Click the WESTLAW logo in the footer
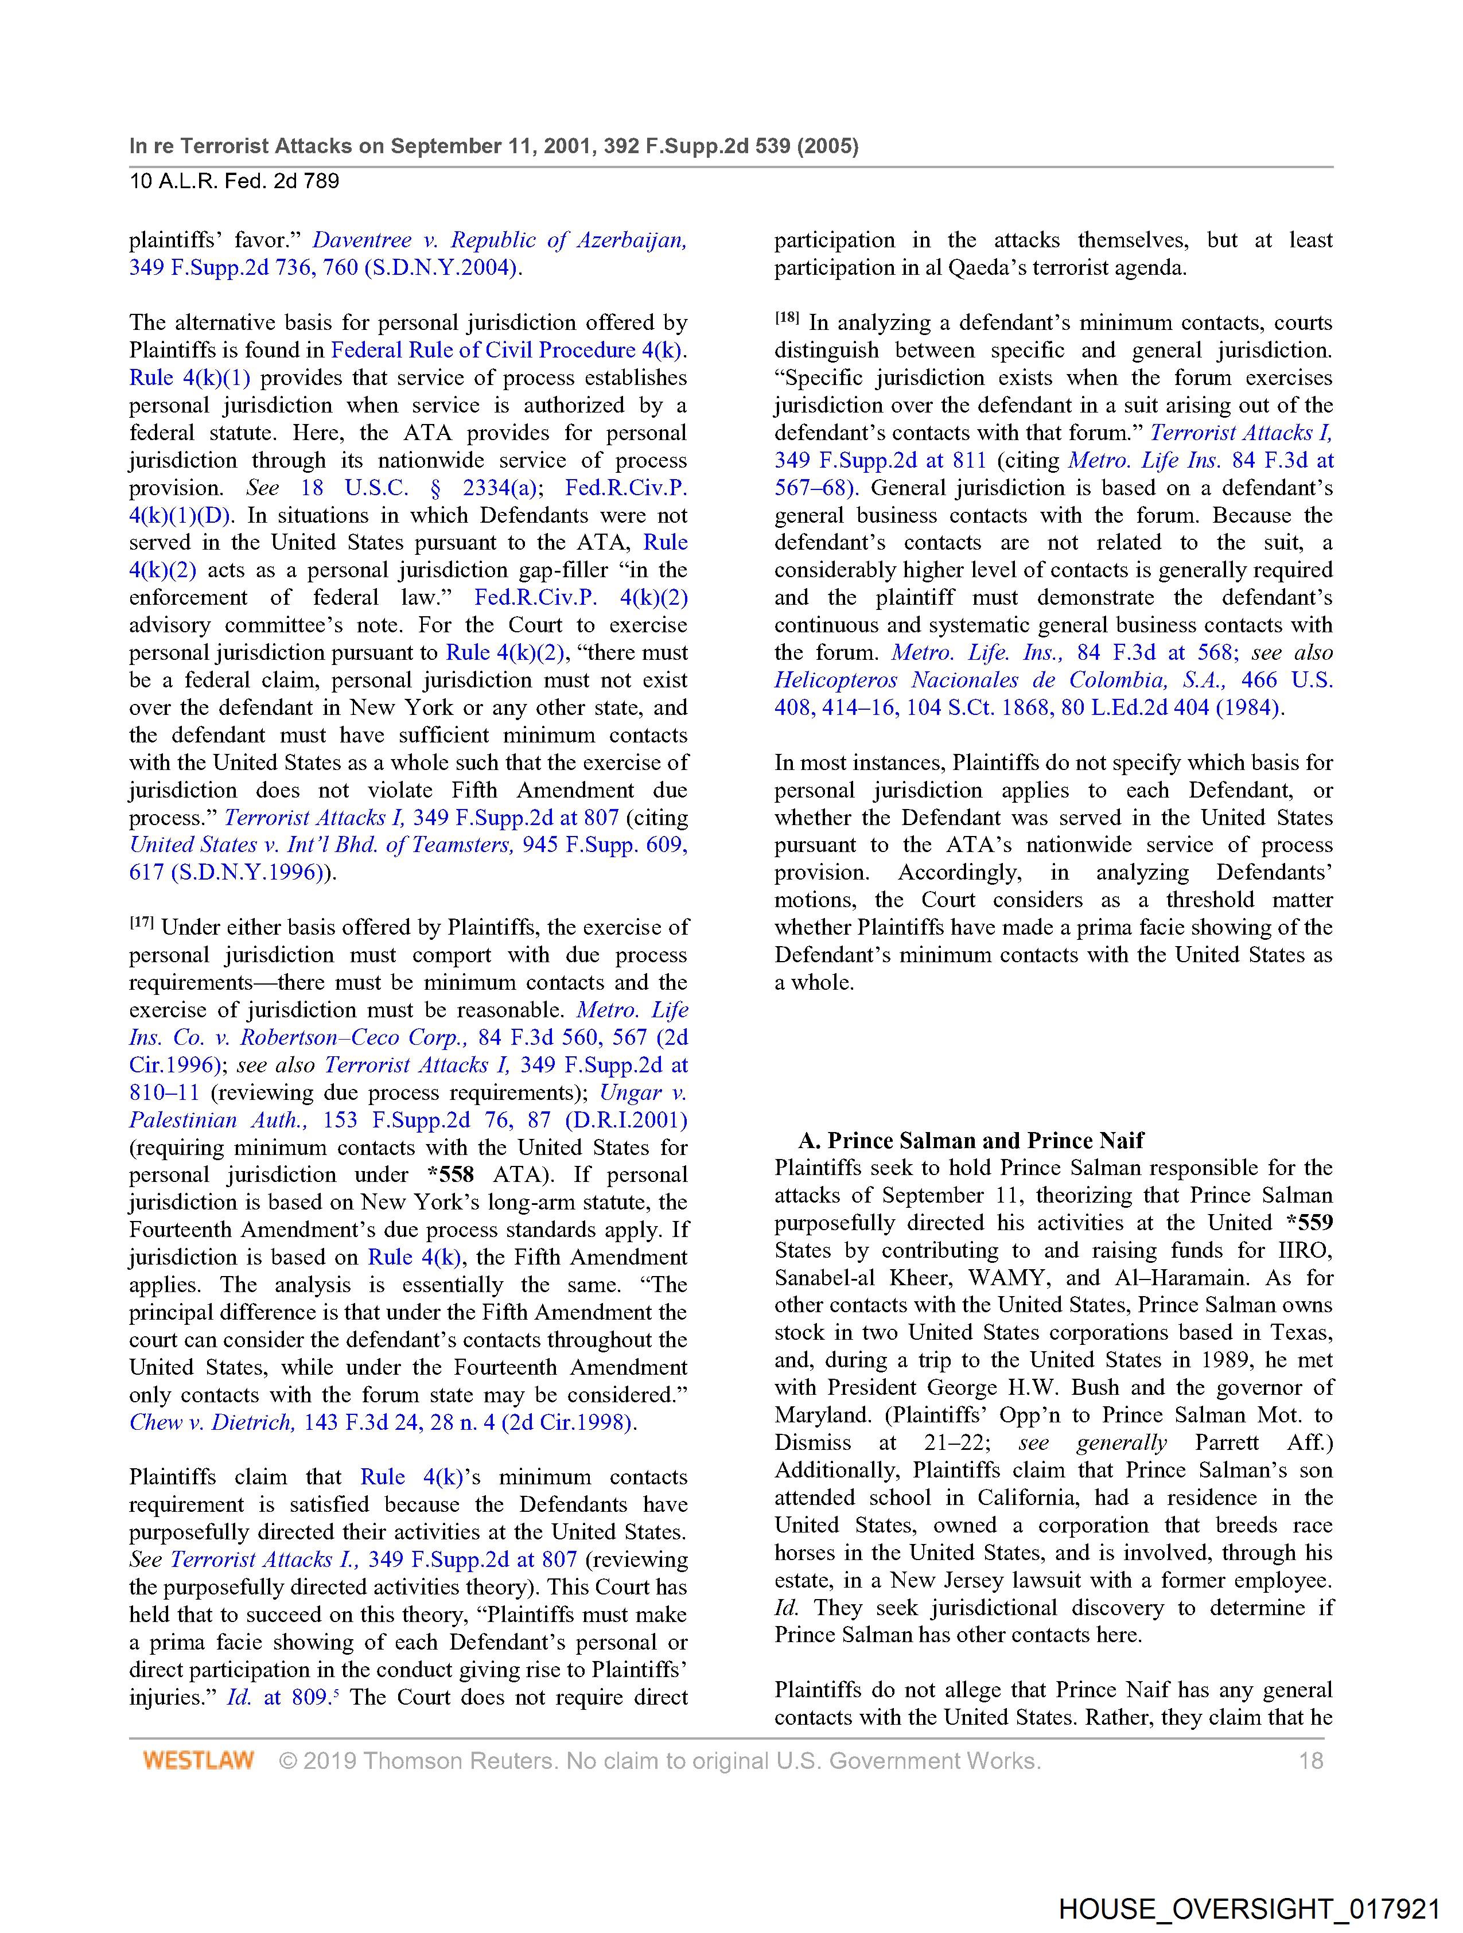point(199,1760)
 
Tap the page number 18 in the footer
point(1311,1760)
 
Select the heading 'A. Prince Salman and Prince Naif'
point(970,1141)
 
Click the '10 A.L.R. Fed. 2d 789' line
point(234,182)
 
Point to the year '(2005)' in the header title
point(827,146)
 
